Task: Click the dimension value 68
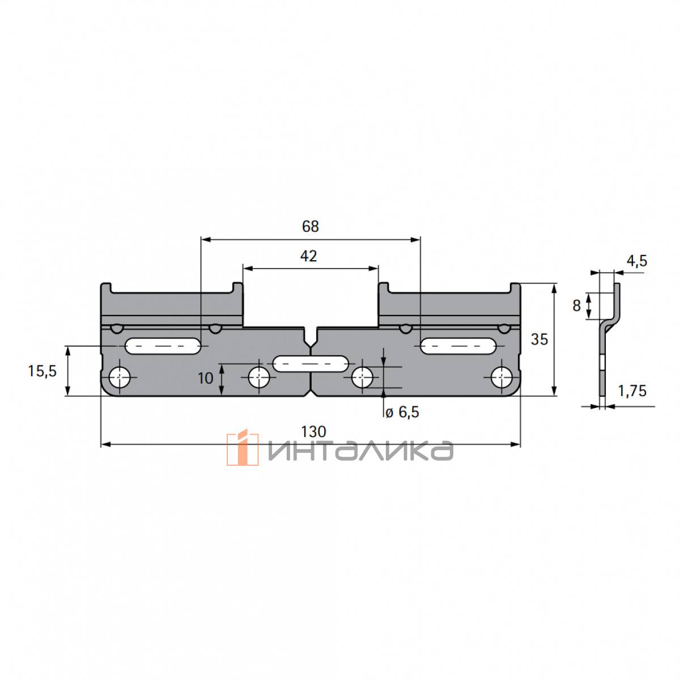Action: [310, 226]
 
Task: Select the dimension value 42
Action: [308, 256]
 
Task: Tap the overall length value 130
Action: [313, 431]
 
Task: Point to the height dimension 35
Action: [539, 339]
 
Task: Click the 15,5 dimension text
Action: [42, 371]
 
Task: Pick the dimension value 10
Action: [205, 379]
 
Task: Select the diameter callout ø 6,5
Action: [402, 412]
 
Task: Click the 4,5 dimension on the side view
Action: [637, 261]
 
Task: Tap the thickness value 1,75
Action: [632, 391]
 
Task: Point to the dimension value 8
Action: [577, 305]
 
